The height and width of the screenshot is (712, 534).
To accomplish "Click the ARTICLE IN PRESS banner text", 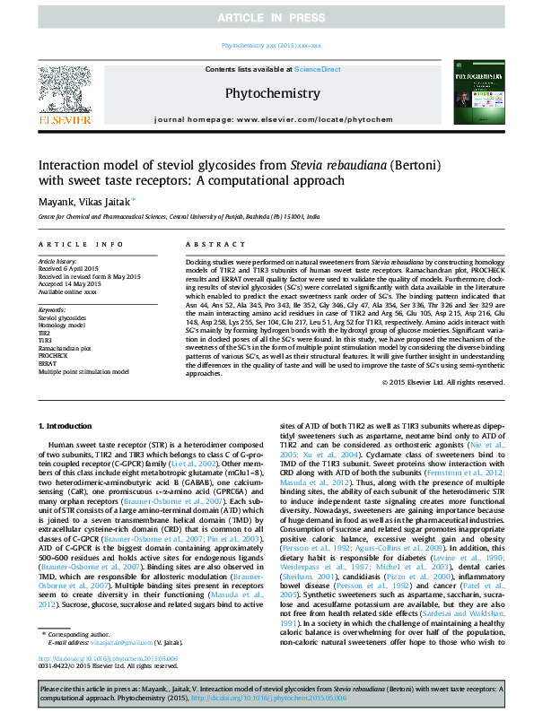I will point(267,18).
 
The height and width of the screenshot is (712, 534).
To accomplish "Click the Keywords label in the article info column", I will point(52,309).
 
